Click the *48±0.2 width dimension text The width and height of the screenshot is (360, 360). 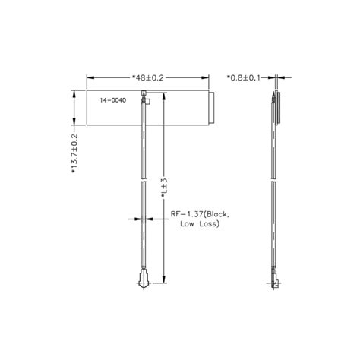(148, 77)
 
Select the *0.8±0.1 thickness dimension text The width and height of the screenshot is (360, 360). (246, 77)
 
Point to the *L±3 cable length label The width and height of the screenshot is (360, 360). (165, 186)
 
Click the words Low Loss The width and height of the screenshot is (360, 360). (199, 225)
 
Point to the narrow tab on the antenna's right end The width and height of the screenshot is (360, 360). (212, 108)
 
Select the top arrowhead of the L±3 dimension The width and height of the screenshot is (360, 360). (165, 97)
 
